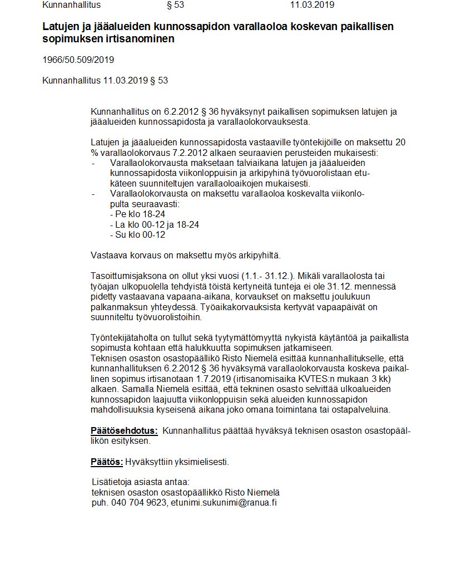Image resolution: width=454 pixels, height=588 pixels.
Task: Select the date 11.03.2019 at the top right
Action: pos(312,5)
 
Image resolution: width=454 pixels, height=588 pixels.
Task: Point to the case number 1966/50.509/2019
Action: pos(78,60)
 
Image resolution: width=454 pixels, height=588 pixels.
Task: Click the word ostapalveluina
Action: pos(362,409)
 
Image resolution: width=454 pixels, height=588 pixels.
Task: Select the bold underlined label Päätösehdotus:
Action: pos(124,430)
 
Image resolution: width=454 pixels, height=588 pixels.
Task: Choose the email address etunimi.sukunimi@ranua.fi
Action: pos(224,502)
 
